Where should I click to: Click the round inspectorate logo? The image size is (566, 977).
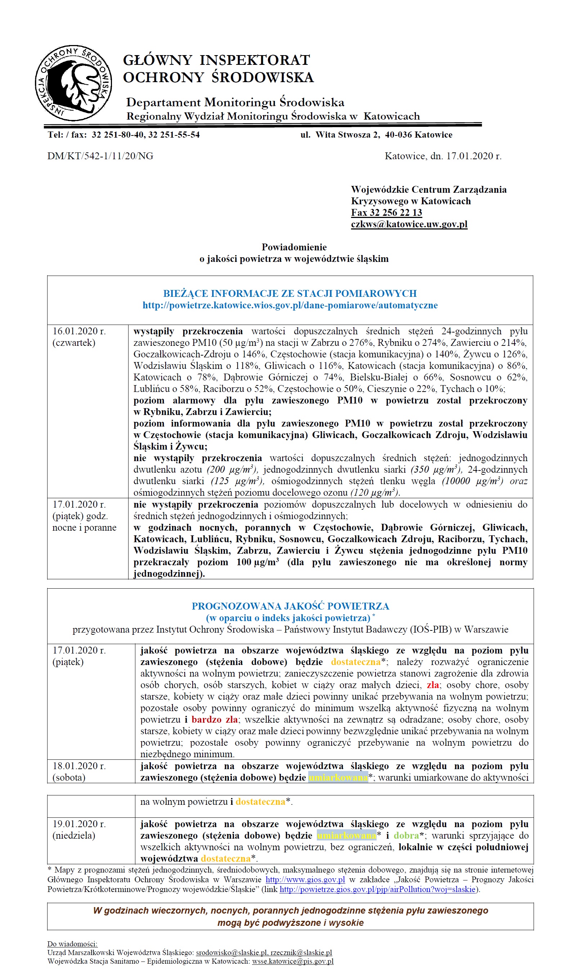(x=73, y=82)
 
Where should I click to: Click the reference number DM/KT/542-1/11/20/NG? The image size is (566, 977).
(x=100, y=156)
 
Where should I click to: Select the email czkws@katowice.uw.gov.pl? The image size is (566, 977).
(x=409, y=224)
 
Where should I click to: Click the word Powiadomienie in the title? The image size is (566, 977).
(x=294, y=247)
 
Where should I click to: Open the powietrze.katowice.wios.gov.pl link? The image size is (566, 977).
(x=290, y=305)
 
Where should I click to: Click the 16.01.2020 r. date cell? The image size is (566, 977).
(x=79, y=331)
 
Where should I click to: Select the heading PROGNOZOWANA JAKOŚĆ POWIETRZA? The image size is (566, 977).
(x=290, y=606)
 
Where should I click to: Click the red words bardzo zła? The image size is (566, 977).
(x=215, y=719)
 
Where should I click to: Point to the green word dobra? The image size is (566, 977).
(x=406, y=835)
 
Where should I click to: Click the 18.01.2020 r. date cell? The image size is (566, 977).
(x=79, y=766)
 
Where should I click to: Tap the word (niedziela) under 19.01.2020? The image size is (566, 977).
(x=73, y=835)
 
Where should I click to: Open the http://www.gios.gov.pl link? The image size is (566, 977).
(x=305, y=880)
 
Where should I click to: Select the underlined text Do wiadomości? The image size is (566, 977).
(x=72, y=944)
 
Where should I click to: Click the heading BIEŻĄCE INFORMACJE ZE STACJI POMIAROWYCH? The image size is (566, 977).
(x=290, y=294)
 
